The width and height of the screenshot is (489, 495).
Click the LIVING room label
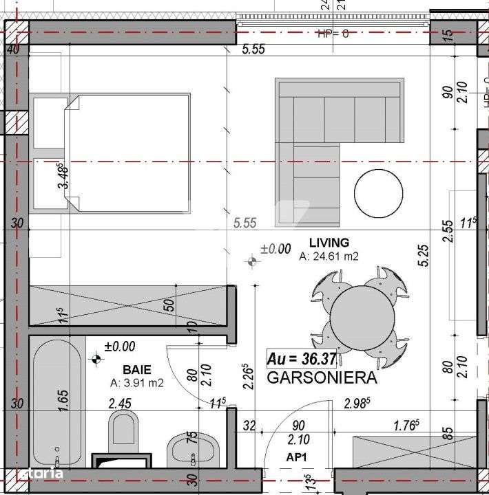(x=329, y=243)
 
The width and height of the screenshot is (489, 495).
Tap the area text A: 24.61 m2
(x=329, y=256)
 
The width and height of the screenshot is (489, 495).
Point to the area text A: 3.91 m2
(x=136, y=383)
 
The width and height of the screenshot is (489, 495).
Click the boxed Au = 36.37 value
(x=302, y=359)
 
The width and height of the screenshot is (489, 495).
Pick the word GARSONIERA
(x=321, y=377)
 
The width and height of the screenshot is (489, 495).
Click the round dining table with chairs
(x=362, y=313)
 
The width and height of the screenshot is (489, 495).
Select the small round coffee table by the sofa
(x=378, y=193)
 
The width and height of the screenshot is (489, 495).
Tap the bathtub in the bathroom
(x=56, y=406)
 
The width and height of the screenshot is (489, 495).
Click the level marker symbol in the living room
(x=252, y=261)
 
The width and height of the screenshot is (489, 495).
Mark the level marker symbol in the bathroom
(x=96, y=358)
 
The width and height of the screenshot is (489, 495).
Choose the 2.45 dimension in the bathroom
(x=121, y=404)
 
